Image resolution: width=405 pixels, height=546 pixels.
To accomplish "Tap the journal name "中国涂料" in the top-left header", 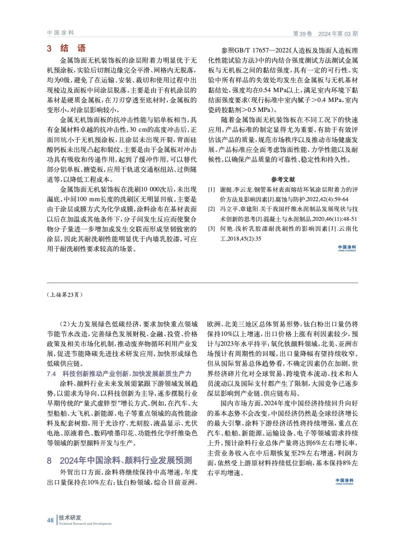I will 60,33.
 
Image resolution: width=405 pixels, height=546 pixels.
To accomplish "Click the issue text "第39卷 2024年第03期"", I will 325,33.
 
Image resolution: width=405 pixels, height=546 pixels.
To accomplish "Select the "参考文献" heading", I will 283,179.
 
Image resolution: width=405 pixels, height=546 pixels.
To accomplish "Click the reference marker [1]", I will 212,190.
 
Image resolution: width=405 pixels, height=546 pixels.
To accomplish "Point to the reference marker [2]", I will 212,209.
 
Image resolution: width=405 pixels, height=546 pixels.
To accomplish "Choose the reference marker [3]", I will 212,229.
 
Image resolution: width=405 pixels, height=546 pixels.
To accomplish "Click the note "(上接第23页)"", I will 65,295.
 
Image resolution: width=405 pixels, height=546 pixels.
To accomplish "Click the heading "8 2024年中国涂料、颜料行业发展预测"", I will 119,460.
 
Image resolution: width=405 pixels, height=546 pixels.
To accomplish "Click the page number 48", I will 50,520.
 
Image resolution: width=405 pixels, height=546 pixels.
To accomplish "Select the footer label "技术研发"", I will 70,518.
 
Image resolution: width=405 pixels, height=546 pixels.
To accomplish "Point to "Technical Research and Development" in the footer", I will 85,524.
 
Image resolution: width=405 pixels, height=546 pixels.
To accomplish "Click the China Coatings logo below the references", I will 347,248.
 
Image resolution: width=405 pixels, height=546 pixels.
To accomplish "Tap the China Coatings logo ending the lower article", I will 344,482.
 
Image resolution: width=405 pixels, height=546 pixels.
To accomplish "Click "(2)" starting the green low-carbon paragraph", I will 65,324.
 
